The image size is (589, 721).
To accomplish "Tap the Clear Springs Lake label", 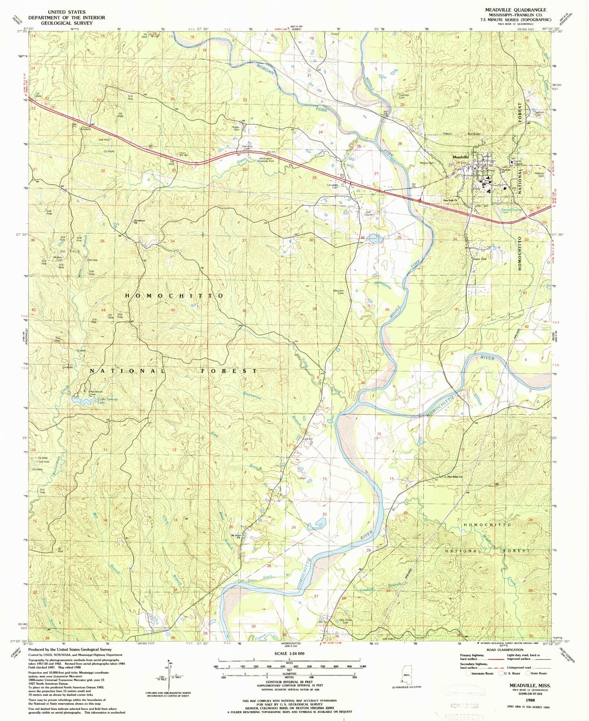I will pyautogui.click(x=107, y=401).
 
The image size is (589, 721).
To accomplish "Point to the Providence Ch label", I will pyautogui.click(x=140, y=223).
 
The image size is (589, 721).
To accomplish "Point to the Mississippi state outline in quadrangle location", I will pyautogui.click(x=406, y=677).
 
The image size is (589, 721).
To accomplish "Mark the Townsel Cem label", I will pyautogui.click(x=404, y=97).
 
